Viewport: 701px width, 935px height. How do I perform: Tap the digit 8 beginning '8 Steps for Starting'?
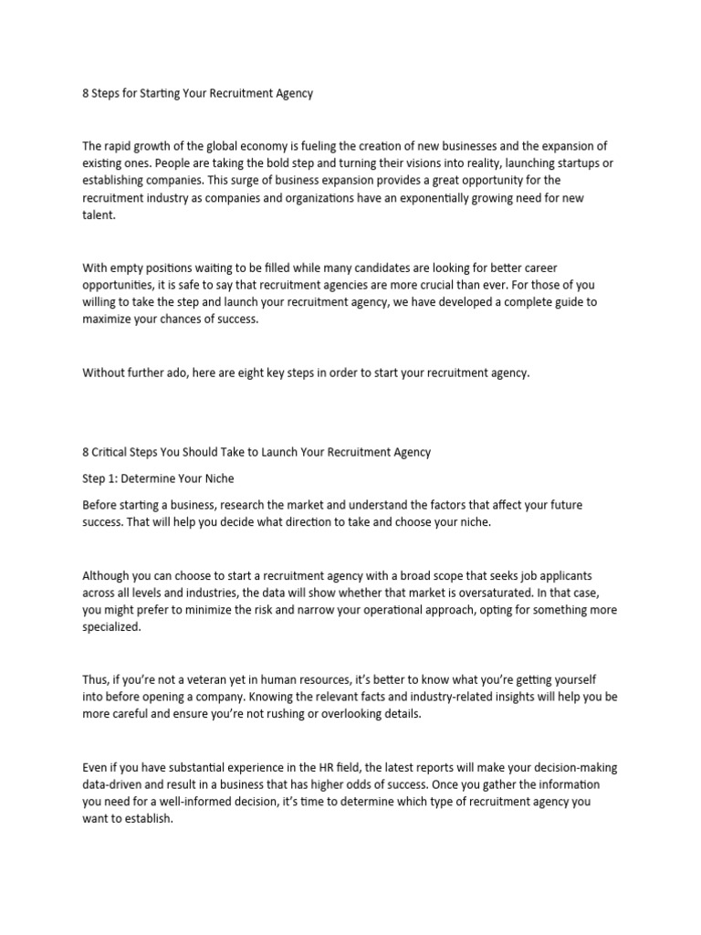click(86, 93)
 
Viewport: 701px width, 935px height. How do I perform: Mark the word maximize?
click(110, 320)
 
